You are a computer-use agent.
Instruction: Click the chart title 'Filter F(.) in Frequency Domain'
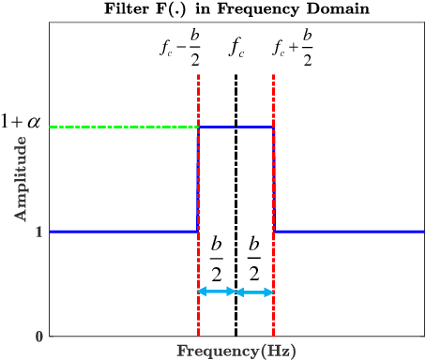tap(236, 9)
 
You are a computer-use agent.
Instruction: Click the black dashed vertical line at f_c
tap(236, 187)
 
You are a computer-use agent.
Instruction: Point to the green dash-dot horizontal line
tap(122, 127)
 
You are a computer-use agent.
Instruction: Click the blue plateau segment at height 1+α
tap(236, 127)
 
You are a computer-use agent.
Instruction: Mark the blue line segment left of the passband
tap(122, 231)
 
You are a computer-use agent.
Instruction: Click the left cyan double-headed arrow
tap(217, 292)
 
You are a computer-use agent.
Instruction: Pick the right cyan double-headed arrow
tap(254, 292)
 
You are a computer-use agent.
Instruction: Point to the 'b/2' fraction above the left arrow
tap(217, 259)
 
